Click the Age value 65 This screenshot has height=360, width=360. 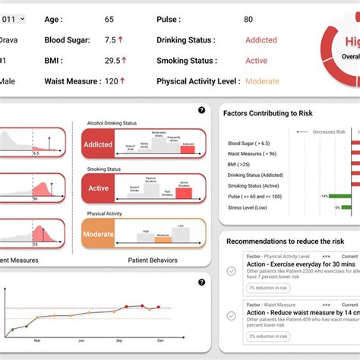[x=109, y=19]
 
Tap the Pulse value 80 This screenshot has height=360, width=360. [x=248, y=19]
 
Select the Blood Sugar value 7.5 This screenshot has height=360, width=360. [x=110, y=40]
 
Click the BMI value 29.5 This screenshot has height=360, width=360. [x=112, y=60]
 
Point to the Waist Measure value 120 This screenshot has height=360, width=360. [x=111, y=81]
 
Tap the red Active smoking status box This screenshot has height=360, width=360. [x=97, y=188]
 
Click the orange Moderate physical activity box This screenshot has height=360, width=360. [x=97, y=234]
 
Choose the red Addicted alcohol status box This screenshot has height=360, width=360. [x=97, y=143]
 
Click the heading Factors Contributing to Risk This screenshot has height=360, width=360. [x=269, y=112]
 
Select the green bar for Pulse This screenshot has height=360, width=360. [x=339, y=196]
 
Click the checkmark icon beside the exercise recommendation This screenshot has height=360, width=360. [x=232, y=270]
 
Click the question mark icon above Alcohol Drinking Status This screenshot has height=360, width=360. [x=201, y=110]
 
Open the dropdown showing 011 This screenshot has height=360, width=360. [x=13, y=19]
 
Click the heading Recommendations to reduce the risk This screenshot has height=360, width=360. [x=284, y=241]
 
